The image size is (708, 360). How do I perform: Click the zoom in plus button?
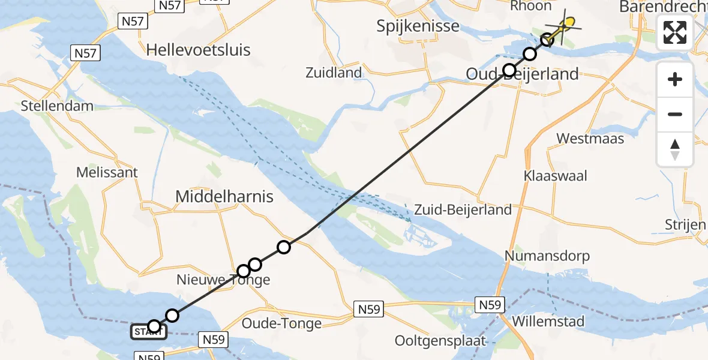click(x=675, y=79)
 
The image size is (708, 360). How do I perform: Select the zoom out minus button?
click(x=675, y=114)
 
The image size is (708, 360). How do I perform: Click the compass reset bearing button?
click(x=675, y=149)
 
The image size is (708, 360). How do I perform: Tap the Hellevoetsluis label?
click(x=199, y=49)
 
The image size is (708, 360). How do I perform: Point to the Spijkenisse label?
click(x=418, y=26)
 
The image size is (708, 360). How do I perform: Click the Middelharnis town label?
click(x=224, y=196)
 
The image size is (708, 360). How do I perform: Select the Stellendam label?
click(x=57, y=106)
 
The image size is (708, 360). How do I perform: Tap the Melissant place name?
click(x=107, y=172)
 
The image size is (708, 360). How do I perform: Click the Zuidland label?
click(x=334, y=73)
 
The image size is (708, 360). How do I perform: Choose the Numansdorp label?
click(x=547, y=256)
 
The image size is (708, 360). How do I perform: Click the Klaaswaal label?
click(x=555, y=176)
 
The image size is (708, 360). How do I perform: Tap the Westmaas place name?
click(x=590, y=139)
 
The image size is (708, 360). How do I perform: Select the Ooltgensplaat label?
click(x=440, y=341)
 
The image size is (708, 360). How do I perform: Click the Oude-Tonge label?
click(x=281, y=323)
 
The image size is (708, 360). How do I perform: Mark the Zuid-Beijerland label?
click(x=462, y=209)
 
